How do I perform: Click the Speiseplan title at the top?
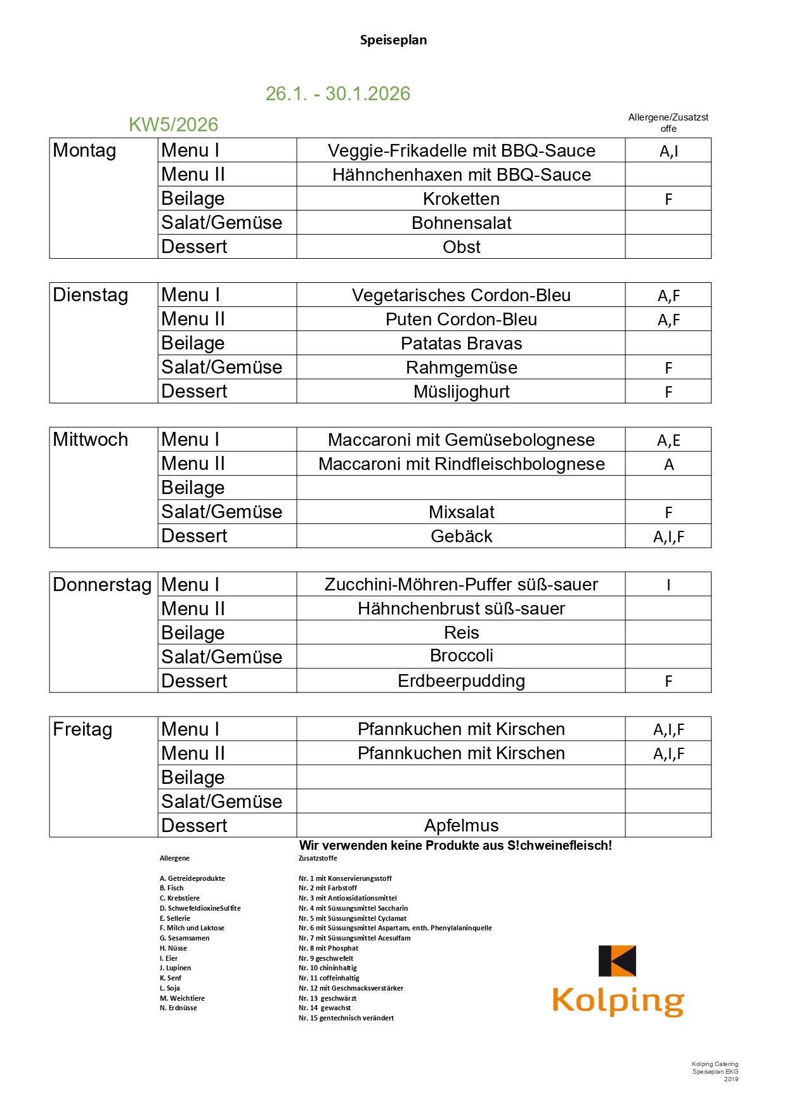pos(393,40)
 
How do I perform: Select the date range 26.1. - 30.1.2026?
pos(337,94)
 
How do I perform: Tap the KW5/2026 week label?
pos(173,125)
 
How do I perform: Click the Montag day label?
pos(84,151)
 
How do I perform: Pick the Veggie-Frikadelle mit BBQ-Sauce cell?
pos(461,151)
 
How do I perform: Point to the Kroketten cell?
pos(461,199)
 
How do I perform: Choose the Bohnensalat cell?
pos(461,223)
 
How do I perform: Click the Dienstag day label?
pos(90,296)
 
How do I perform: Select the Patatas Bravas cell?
pos(461,344)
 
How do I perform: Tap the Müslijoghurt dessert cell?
pos(461,392)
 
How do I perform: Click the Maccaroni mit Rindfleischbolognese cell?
pos(461,464)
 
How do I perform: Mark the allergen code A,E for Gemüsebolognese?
pos(668,440)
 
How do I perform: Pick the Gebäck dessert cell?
pos(461,537)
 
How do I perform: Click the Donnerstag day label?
pos(102,585)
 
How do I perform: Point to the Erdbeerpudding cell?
pos(461,681)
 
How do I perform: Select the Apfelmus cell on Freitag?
pos(461,826)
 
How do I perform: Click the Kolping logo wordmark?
pos(618,1001)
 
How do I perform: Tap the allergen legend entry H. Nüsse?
pos(173,948)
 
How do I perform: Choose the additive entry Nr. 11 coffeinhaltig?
pos(328,978)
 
